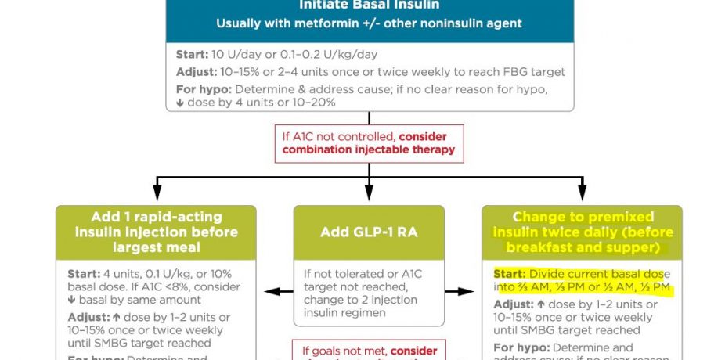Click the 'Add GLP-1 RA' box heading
(x=368, y=232)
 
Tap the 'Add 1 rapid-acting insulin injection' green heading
(x=156, y=232)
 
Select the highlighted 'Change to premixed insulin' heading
(x=582, y=232)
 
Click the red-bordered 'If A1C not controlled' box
(x=368, y=143)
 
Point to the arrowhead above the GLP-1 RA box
(x=369, y=193)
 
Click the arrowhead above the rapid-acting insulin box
(x=157, y=193)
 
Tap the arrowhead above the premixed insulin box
(x=582, y=193)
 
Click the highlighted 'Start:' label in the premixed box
(x=509, y=274)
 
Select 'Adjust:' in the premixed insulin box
(x=514, y=304)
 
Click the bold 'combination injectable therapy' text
(x=368, y=149)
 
